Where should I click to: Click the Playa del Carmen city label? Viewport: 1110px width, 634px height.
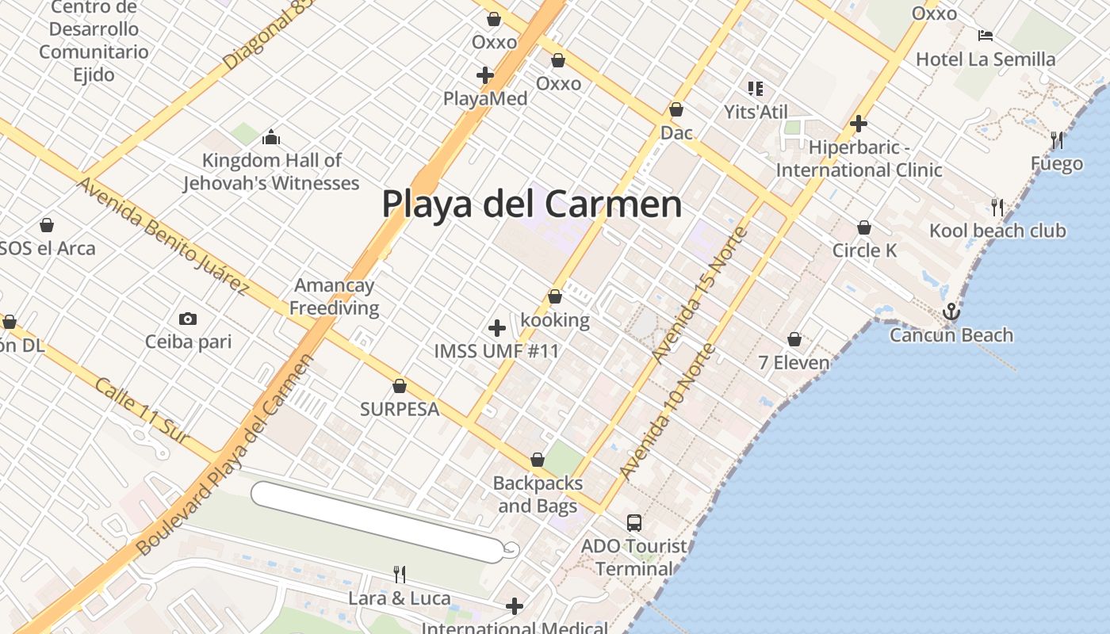point(531,204)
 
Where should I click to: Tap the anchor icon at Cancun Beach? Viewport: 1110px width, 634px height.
point(951,312)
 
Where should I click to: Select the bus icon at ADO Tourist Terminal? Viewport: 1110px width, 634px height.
point(633,523)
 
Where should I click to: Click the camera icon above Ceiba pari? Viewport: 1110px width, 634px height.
point(188,319)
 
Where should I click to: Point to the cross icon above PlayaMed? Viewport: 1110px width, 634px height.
point(485,75)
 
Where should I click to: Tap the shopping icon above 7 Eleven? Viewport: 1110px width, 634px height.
point(794,340)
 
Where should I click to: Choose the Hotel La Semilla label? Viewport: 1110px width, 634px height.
point(986,59)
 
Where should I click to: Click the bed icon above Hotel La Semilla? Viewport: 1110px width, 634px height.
point(986,36)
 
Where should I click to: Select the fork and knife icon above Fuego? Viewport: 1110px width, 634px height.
point(1057,140)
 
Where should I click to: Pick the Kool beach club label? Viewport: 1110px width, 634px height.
point(997,231)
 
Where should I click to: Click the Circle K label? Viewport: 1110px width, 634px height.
point(864,251)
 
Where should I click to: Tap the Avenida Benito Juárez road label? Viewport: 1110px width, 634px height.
point(163,235)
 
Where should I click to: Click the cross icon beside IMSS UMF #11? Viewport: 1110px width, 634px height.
point(497,328)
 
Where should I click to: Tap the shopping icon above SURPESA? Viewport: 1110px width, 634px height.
point(400,387)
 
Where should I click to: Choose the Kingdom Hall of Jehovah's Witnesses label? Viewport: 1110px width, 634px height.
point(271,172)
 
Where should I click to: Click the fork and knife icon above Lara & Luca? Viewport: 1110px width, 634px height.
point(400,574)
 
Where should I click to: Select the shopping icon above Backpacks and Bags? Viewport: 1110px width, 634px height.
point(538,460)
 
